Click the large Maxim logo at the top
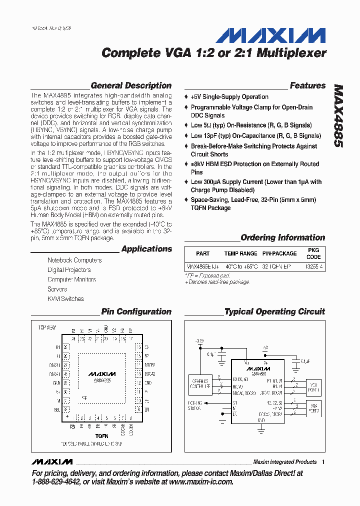tap(270, 35)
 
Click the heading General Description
tap(131, 85)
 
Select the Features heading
tap(307, 85)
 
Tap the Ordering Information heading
tap(282, 237)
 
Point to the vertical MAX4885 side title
tap(338, 115)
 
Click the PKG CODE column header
tap(313, 253)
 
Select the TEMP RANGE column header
tap(240, 253)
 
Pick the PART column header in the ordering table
tap(202, 253)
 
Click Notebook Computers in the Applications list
tap(74, 260)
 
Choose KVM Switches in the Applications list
tap(65, 299)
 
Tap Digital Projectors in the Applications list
tap(69, 270)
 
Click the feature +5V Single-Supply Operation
tap(229, 97)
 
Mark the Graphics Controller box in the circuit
tap(200, 383)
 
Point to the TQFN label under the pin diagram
tap(102, 436)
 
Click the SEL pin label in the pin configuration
tap(57, 408)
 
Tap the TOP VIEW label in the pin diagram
tap(47, 327)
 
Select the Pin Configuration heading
tap(136, 311)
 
